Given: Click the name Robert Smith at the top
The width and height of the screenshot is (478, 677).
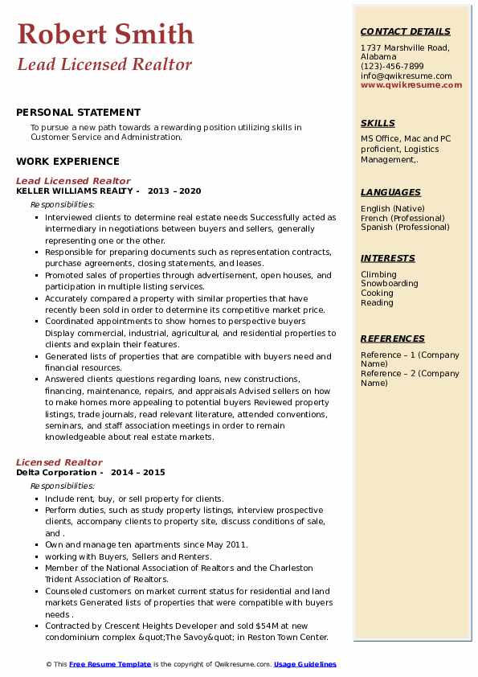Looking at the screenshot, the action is click(x=105, y=34).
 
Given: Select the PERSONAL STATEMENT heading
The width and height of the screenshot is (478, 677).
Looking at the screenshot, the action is click(x=78, y=113).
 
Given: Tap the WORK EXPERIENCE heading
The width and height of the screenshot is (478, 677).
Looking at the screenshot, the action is click(x=67, y=161).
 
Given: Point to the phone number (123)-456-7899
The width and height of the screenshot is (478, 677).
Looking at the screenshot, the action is click(x=392, y=67).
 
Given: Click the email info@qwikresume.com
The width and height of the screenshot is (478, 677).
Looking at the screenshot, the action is click(x=407, y=76).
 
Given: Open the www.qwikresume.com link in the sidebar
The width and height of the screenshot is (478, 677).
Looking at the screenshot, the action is click(x=411, y=84).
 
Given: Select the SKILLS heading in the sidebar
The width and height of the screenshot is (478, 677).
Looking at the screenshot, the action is click(x=378, y=123).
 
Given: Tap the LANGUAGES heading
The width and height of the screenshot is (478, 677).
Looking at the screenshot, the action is click(x=390, y=192).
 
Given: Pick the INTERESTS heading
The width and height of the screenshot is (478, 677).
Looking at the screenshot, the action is click(x=388, y=258).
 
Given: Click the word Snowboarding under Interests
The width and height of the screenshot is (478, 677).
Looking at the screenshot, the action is click(x=389, y=284).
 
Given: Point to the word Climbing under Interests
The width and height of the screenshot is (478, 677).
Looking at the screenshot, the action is click(x=378, y=274).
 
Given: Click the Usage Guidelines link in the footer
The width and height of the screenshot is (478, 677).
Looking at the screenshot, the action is click(x=305, y=664).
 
